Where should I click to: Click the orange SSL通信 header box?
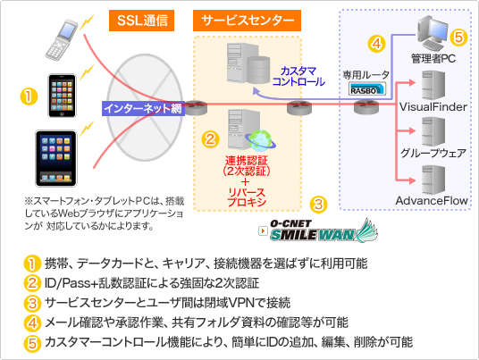(141, 21)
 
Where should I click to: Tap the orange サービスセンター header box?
(247, 21)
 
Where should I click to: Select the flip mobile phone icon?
(61, 39)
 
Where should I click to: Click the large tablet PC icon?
(56, 158)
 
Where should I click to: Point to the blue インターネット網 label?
(143, 108)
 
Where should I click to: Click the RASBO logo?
(367, 89)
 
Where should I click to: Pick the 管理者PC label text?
(433, 58)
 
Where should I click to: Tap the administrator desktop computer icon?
(433, 33)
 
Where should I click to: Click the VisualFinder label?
(433, 107)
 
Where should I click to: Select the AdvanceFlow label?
(432, 201)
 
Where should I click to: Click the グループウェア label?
(433, 153)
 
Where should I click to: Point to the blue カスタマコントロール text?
(298, 76)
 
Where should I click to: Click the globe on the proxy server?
(261, 140)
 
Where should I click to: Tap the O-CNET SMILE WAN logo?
(319, 230)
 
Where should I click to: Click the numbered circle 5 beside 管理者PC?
(458, 38)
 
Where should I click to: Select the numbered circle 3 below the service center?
(318, 204)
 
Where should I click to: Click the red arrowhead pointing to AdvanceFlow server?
(412, 180)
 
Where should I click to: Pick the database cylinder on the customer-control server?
(258, 70)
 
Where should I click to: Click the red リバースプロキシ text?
(247, 197)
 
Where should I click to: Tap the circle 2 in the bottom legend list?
(32, 283)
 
